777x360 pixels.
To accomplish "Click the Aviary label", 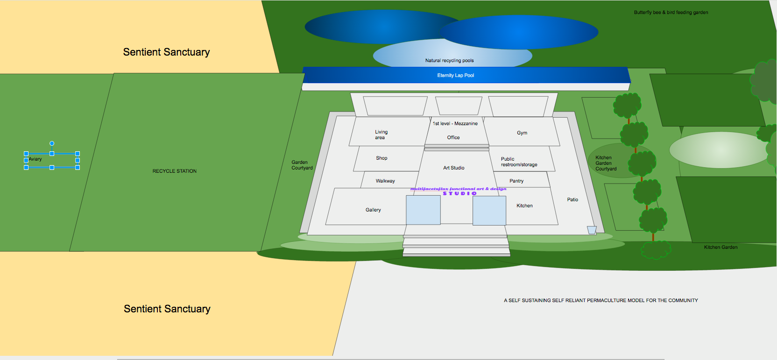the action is pyautogui.click(x=35, y=159).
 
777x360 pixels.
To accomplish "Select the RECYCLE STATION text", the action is pyautogui.click(x=175, y=171).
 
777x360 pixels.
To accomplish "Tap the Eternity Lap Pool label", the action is pyautogui.click(x=455, y=75).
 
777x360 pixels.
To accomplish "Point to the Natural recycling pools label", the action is pyautogui.click(x=449, y=60).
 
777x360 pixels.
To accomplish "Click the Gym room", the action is pyautogui.click(x=522, y=132).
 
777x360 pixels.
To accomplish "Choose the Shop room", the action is pyautogui.click(x=388, y=158).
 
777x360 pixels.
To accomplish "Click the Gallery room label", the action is pyautogui.click(x=373, y=210).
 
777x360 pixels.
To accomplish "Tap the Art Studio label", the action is pyautogui.click(x=454, y=168).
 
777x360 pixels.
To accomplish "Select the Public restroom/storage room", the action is pyautogui.click(x=522, y=159).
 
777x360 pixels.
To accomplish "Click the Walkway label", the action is pyautogui.click(x=385, y=181).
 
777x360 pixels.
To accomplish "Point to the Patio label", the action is pyautogui.click(x=572, y=199).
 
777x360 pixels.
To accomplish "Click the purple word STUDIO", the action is pyautogui.click(x=460, y=193).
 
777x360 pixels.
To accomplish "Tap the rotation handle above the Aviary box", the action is pyautogui.click(x=52, y=143).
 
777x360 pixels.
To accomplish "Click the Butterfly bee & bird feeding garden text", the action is pyautogui.click(x=671, y=12).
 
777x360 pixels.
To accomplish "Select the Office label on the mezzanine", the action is pyautogui.click(x=453, y=137).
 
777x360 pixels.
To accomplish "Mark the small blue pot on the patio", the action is pyautogui.click(x=592, y=230).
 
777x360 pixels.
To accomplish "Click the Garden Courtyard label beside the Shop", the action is pyautogui.click(x=302, y=165).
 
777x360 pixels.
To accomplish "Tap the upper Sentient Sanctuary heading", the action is pyautogui.click(x=167, y=52).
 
